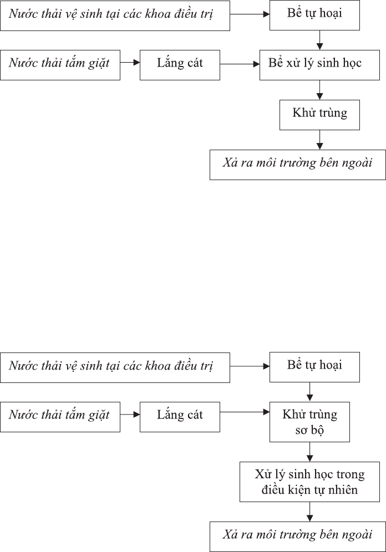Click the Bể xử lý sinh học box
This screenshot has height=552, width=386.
(x=320, y=65)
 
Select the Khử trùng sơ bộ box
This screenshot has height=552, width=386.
(x=309, y=422)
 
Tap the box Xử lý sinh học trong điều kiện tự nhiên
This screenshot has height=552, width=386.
(x=309, y=482)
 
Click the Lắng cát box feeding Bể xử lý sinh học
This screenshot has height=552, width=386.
(x=180, y=65)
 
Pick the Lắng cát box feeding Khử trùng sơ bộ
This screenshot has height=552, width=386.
(x=180, y=417)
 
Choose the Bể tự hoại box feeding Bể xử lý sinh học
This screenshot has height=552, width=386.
(x=314, y=15)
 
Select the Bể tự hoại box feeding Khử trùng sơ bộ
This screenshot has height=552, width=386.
(x=314, y=367)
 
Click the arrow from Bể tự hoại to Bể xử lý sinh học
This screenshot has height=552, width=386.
(x=320, y=40)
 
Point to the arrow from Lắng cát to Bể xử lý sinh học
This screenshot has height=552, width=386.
(x=240, y=64)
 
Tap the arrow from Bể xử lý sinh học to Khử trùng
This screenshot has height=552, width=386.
(x=320, y=90)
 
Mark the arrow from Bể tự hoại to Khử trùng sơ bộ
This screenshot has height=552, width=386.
(x=310, y=392)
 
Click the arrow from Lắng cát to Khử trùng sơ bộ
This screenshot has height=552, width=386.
(x=245, y=412)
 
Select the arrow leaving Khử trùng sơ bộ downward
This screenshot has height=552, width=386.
(x=310, y=452)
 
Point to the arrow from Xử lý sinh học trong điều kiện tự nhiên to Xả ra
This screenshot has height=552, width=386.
(x=310, y=512)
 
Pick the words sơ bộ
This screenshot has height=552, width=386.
(x=309, y=430)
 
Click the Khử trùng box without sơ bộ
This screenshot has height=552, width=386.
(x=320, y=115)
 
